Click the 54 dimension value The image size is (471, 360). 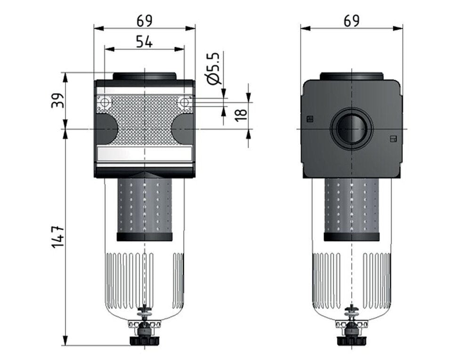(x=144, y=41)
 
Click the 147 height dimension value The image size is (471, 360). (x=57, y=236)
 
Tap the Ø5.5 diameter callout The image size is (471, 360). (x=213, y=69)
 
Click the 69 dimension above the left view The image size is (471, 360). (x=145, y=20)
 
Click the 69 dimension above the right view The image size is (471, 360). (x=351, y=20)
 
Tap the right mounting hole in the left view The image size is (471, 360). (x=184, y=102)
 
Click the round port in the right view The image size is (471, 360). (x=351, y=129)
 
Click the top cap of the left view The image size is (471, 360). (x=144, y=76)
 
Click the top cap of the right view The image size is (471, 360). (x=351, y=76)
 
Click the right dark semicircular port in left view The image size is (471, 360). (x=182, y=129)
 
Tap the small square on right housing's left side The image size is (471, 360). (x=309, y=119)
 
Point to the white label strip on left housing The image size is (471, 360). (x=144, y=153)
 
